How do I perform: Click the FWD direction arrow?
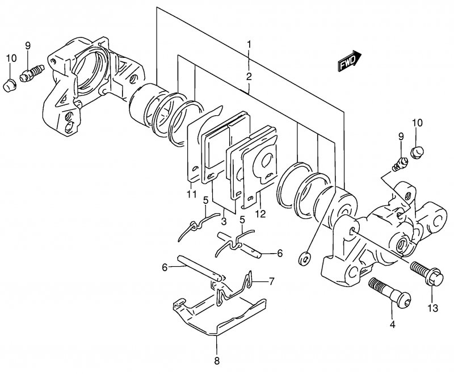pos(350,61)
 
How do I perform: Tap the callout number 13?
pos(433,308)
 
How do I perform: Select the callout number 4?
pos(392,325)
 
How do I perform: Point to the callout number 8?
pos(217,361)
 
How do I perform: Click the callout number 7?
pos(271,281)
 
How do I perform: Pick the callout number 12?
pos(260,214)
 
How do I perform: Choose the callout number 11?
pos(191,194)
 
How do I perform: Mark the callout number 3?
pos(224,222)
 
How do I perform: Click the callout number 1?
pos(249,45)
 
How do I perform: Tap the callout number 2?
pos(249,77)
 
